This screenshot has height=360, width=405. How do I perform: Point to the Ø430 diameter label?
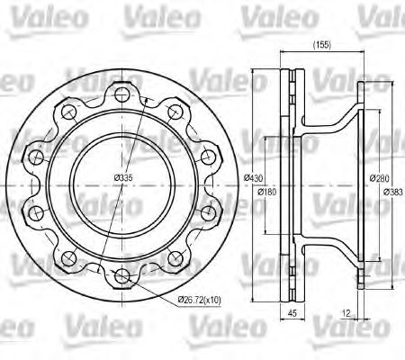(255, 180)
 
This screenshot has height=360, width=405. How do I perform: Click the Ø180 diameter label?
(267, 192)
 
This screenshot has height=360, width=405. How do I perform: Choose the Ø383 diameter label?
(393, 192)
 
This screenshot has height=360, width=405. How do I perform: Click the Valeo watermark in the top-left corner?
(36, 13)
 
